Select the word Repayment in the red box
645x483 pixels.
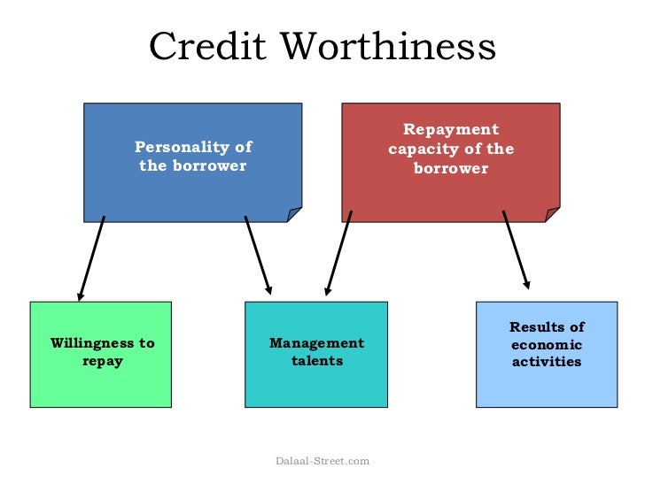(451, 130)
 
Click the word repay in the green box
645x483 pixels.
(102, 361)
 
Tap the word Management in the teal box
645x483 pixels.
(316, 343)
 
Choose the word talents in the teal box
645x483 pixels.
(316, 361)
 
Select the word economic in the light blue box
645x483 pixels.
(547, 344)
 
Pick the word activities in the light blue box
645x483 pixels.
(547, 362)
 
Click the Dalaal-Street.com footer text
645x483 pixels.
(322, 461)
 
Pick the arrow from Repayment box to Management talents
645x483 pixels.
(338, 253)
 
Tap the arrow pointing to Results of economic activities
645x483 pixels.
(516, 250)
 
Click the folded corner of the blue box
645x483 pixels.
(294, 215)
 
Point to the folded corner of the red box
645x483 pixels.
(553, 214)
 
